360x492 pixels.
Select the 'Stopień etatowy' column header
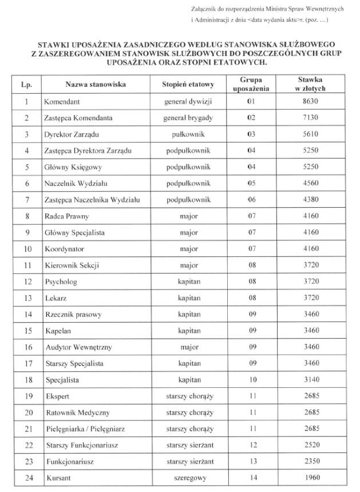pos(188,85)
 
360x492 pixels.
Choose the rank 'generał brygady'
pos(188,118)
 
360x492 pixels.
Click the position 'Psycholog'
pos(61,282)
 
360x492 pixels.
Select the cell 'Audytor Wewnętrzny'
pos(74,348)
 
